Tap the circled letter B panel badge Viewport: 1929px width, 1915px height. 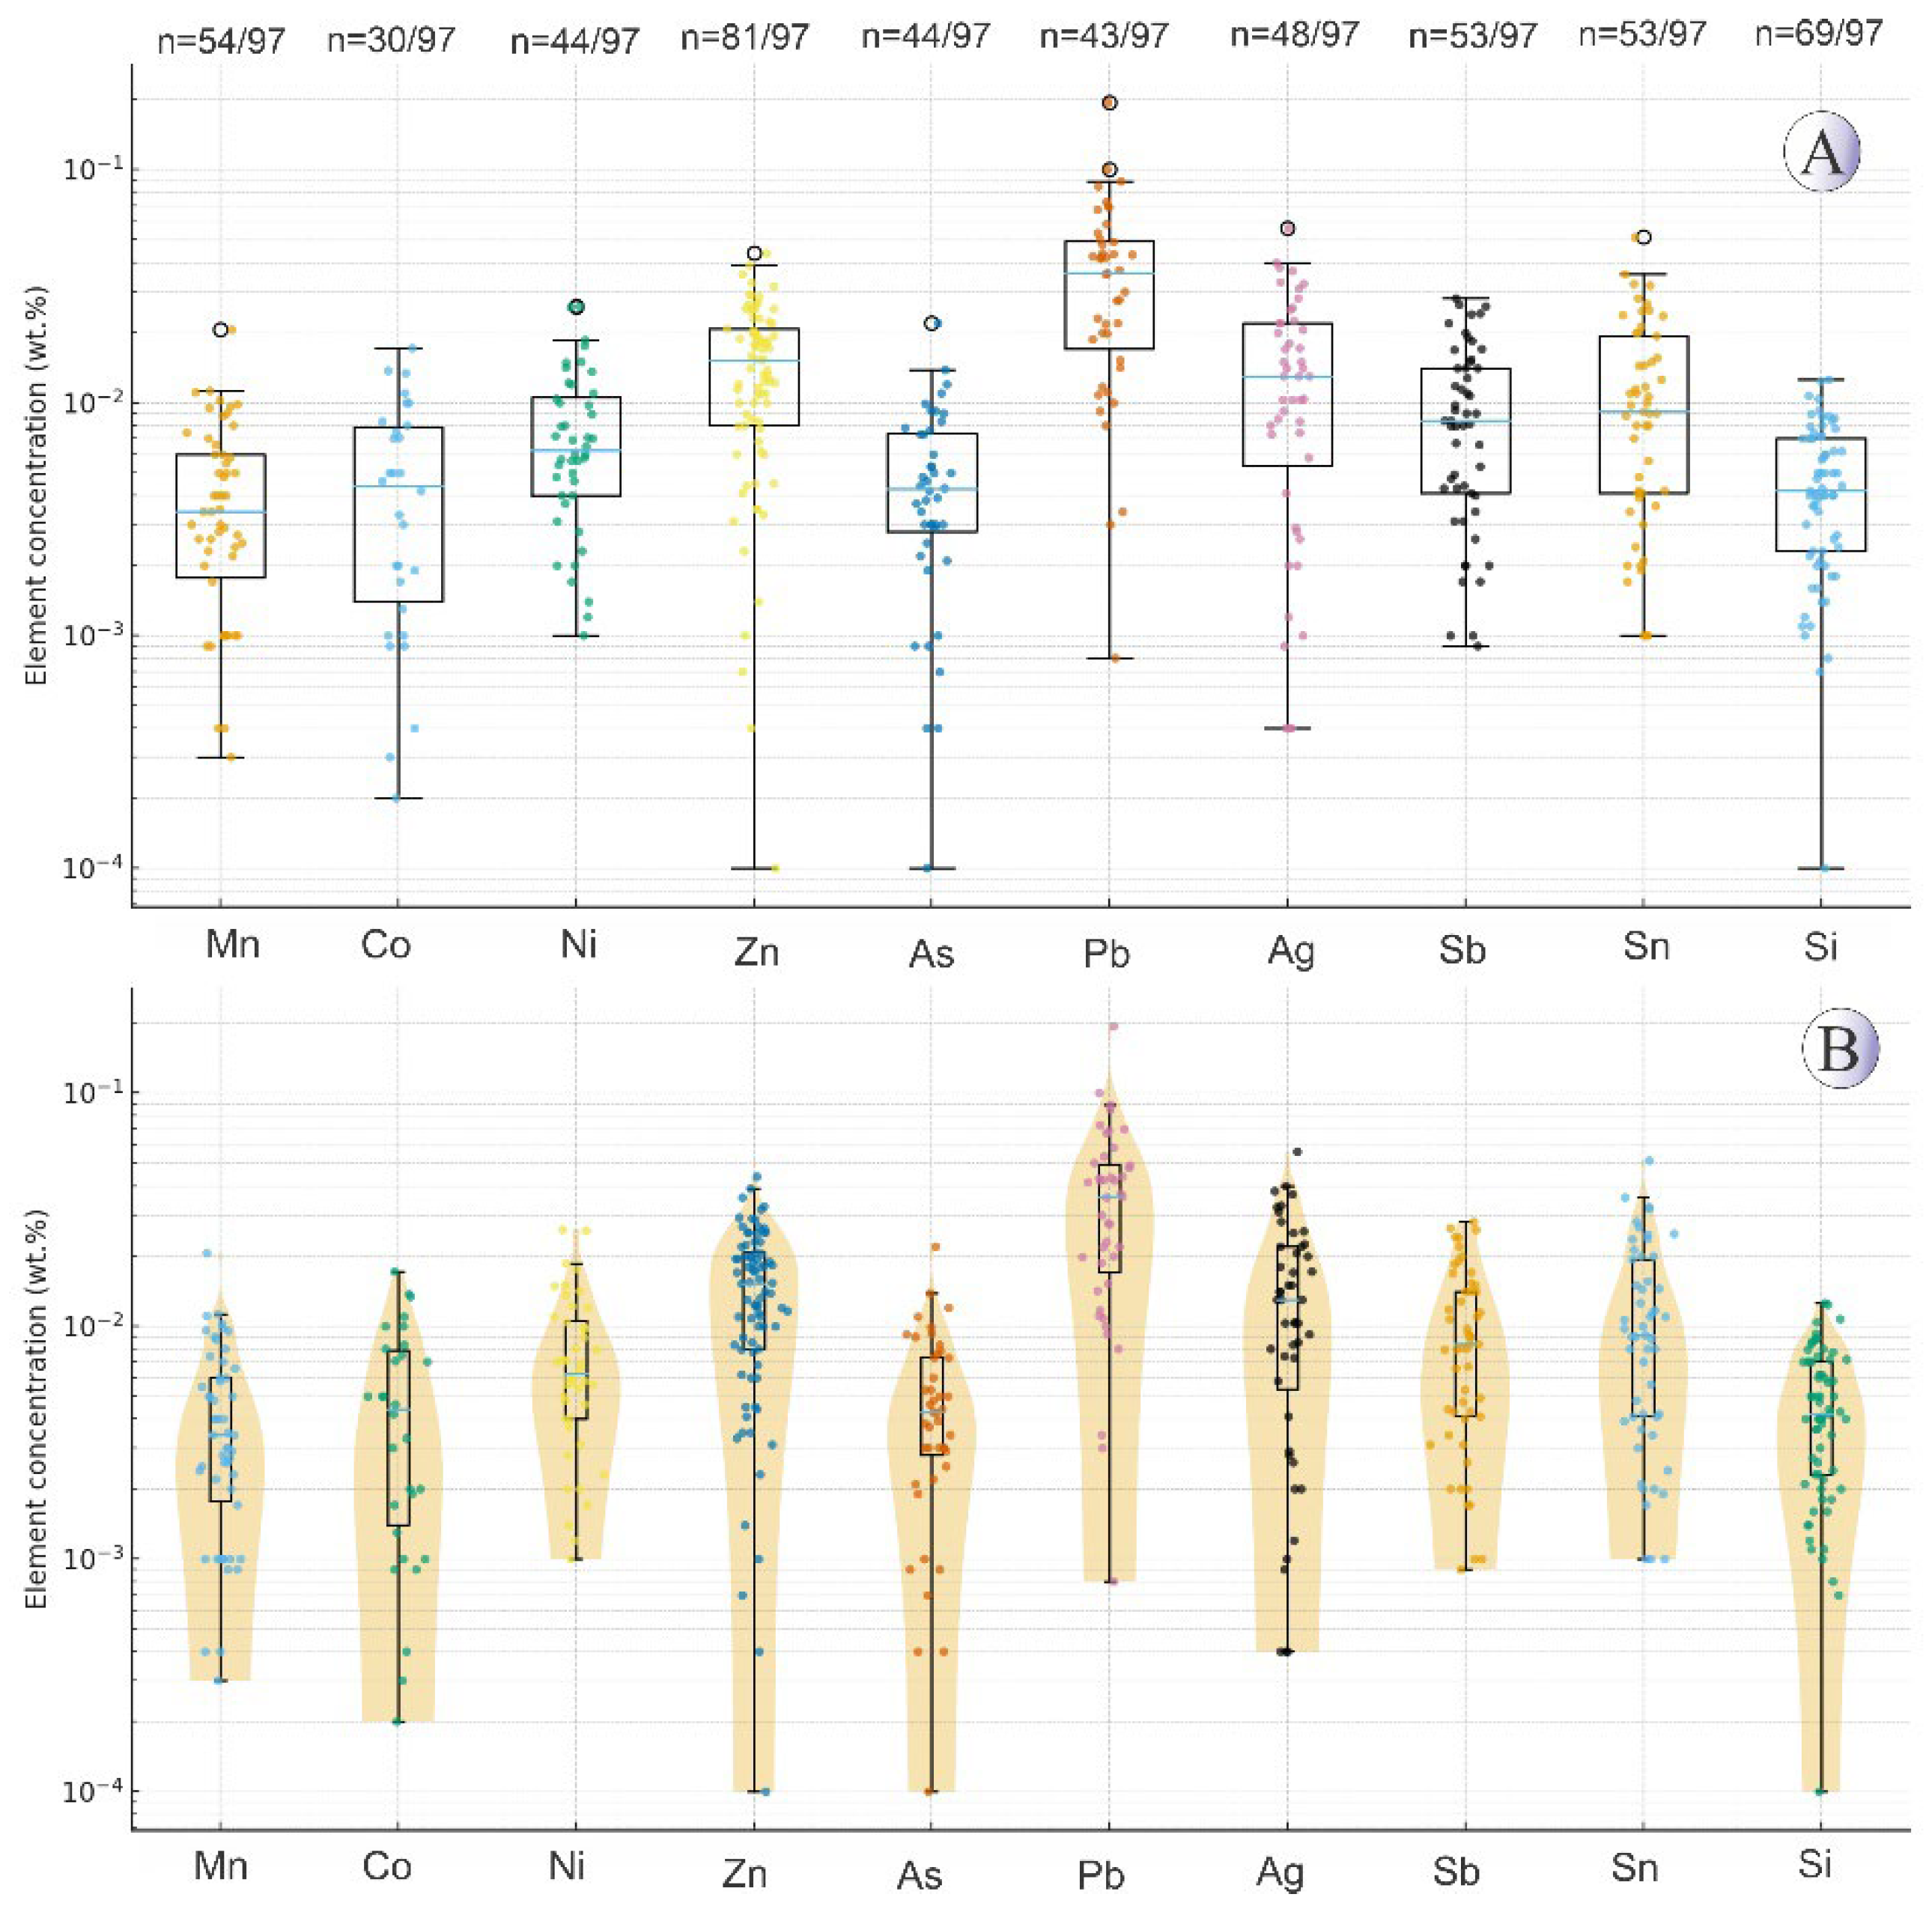point(1839,1050)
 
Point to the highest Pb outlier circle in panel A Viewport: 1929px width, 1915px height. point(1109,103)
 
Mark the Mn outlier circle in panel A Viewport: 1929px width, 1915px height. point(221,329)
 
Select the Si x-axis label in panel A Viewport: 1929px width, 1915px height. point(1820,945)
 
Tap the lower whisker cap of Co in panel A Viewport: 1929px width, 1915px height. point(398,799)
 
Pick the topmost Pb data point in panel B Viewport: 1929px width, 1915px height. point(1112,1026)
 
